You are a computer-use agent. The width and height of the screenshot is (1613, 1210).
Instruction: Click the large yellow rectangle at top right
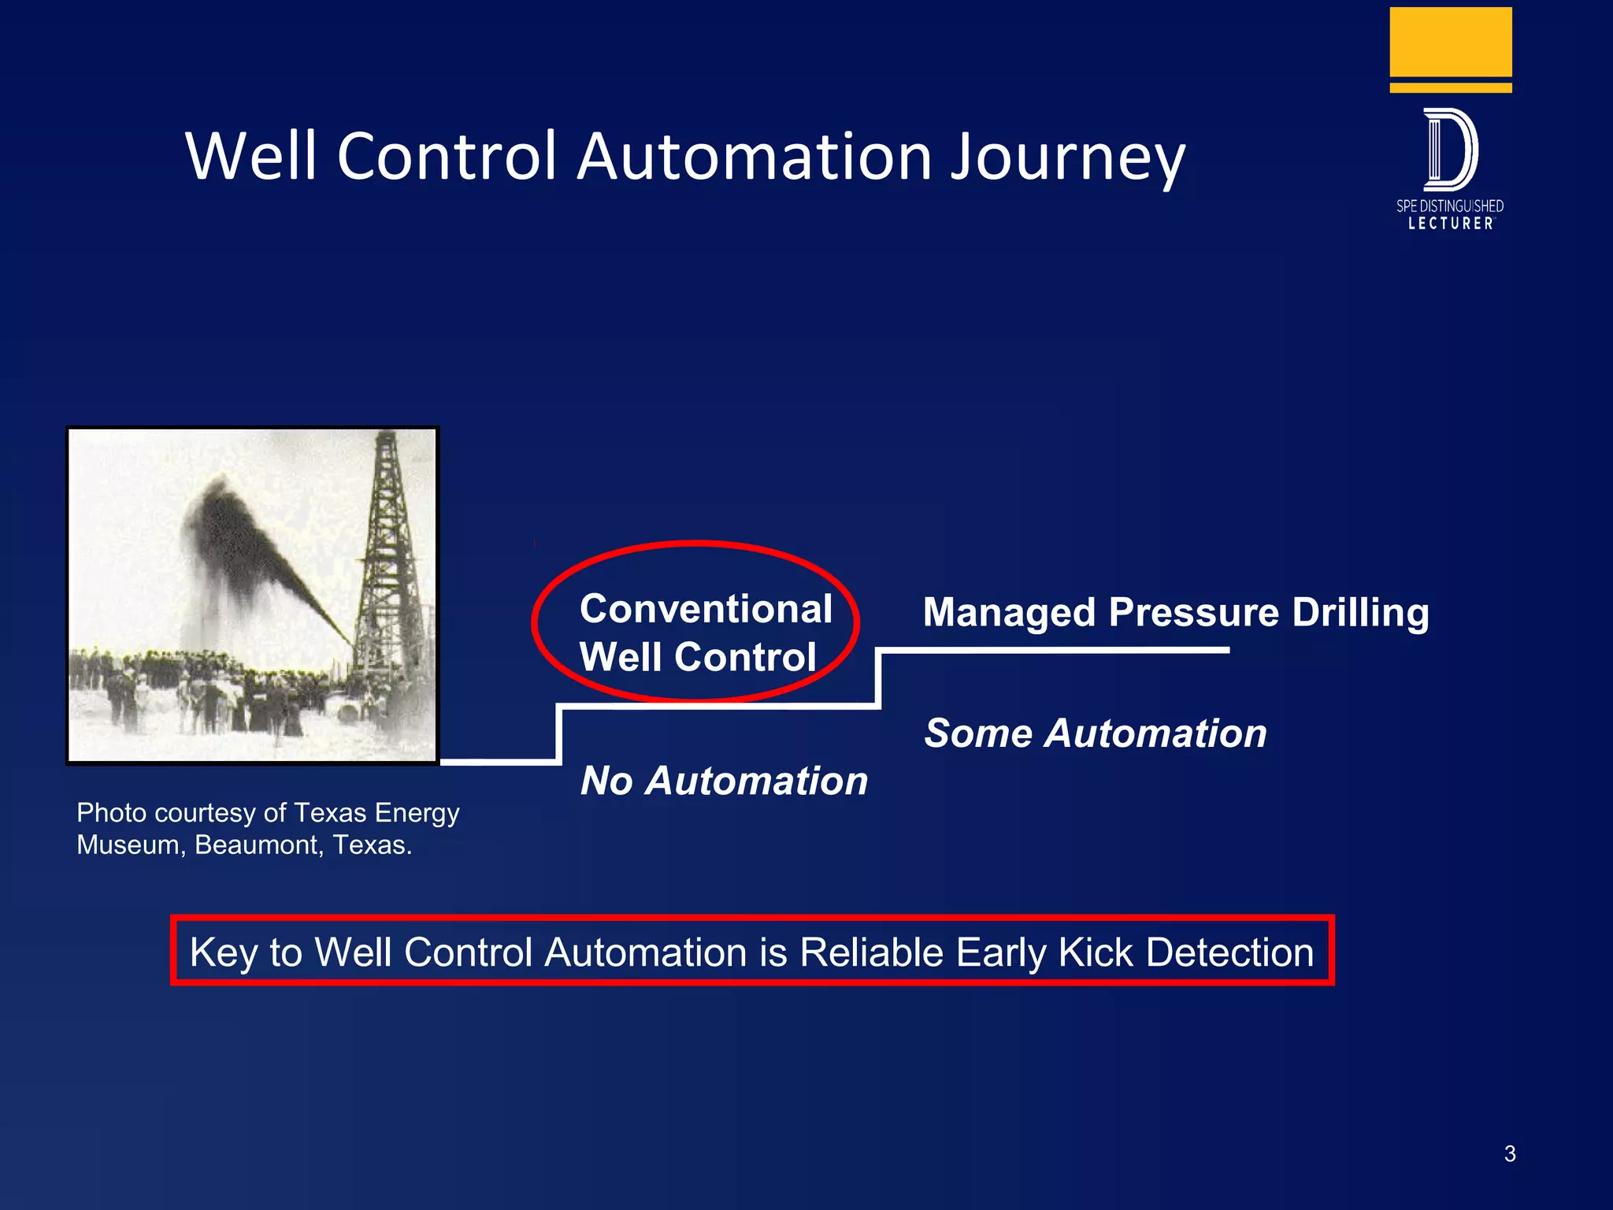(x=1450, y=42)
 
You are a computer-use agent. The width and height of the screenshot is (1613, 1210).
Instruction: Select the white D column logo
(x=1450, y=150)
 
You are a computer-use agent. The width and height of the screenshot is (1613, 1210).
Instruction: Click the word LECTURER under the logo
(x=1450, y=224)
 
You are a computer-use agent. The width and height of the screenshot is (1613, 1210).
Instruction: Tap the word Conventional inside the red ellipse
(x=706, y=609)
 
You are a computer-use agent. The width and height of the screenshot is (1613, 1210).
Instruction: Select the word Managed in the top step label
(x=1009, y=613)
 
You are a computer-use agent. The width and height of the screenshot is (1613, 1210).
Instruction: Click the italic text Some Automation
(x=1095, y=733)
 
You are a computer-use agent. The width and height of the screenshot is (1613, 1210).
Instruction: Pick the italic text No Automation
(x=724, y=781)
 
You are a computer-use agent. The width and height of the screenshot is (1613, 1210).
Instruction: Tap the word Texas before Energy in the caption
(x=330, y=812)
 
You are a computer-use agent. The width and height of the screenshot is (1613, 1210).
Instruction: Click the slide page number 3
(x=1509, y=1153)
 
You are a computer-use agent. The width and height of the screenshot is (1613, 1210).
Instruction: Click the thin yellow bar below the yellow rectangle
(x=1450, y=87)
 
